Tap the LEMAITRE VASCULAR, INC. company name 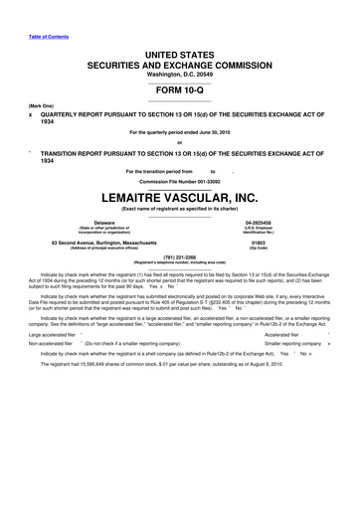pyautogui.click(x=179, y=197)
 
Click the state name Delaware pyautogui.click(x=104, y=222)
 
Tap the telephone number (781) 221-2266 pyautogui.click(x=179, y=256)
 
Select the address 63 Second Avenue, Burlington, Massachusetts pyautogui.click(x=103, y=242)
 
